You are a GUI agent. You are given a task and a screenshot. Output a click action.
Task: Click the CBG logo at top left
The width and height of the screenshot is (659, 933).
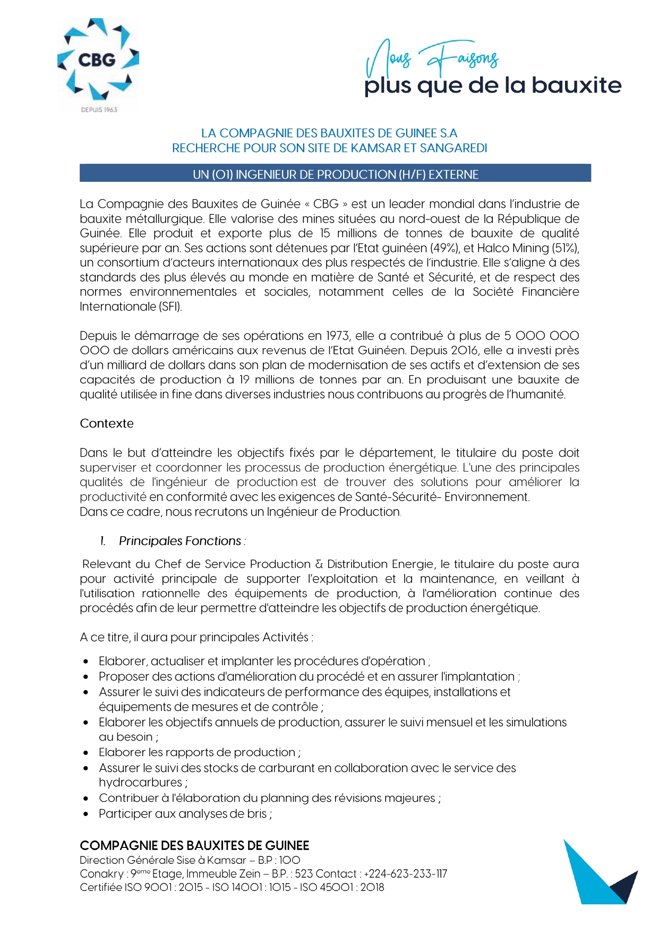point(98,60)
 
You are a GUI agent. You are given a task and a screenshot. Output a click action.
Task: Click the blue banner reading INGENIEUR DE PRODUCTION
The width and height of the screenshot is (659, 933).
point(335,174)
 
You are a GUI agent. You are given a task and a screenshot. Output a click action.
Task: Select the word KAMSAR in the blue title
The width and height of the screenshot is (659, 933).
point(375,148)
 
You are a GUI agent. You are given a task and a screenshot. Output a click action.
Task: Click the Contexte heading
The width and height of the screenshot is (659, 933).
point(107,423)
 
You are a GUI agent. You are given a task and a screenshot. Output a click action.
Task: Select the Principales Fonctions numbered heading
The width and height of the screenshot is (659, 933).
point(179,541)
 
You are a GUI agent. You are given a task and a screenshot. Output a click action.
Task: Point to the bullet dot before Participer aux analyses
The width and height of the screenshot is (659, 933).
point(86,814)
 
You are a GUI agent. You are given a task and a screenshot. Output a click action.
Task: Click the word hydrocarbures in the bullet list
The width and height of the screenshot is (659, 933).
point(141,783)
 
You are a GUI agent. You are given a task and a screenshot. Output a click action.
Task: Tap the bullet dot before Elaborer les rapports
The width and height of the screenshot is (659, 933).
point(86,753)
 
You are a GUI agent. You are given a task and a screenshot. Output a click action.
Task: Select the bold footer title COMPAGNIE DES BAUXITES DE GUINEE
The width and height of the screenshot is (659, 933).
point(194,845)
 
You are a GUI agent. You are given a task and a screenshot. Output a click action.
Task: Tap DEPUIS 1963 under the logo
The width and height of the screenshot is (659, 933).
point(99,110)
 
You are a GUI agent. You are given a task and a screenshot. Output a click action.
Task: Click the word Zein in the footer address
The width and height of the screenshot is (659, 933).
point(250,873)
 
